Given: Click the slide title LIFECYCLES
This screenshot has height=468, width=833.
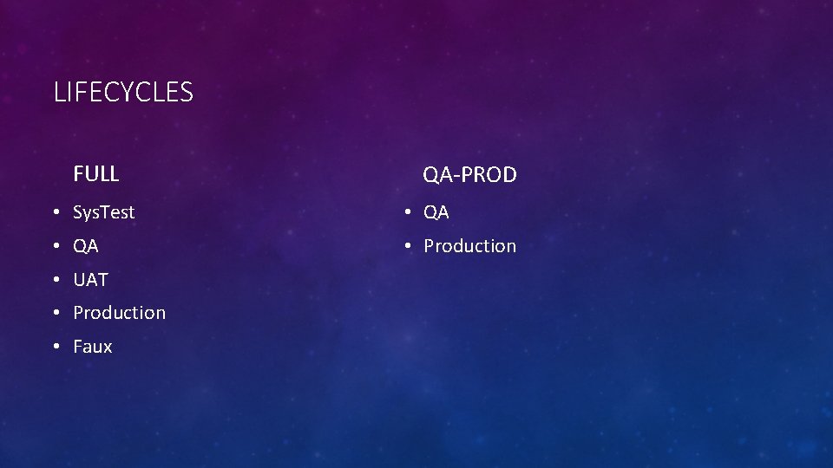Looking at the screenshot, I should tap(123, 92).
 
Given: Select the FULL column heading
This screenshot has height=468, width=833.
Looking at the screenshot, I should tap(96, 174).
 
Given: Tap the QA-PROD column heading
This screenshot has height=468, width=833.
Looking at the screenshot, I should tap(469, 175).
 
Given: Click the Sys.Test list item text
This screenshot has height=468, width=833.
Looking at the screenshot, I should tap(104, 212).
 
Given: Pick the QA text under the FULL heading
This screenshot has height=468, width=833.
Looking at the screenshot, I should tap(86, 246).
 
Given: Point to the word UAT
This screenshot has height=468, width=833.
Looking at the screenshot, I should tap(91, 280).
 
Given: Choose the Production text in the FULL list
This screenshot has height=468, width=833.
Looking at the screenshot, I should tap(119, 313).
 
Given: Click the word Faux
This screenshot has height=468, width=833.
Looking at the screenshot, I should tap(93, 347).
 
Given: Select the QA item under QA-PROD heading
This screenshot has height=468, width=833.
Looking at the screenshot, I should tap(436, 212).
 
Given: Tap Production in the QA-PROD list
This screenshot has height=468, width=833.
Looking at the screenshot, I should tap(469, 246).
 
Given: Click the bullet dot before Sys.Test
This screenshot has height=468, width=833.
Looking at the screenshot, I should tap(56, 213).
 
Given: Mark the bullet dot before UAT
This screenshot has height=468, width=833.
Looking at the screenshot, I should tap(56, 281).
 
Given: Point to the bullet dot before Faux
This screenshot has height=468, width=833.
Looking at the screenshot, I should tap(56, 348).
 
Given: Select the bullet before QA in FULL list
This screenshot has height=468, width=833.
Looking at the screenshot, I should tap(56, 247).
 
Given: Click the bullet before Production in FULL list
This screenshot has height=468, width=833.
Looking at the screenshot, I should tap(56, 314).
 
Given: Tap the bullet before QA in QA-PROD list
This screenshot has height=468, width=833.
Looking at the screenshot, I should tap(406, 213).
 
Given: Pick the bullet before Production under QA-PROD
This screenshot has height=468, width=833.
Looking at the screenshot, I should tap(406, 247).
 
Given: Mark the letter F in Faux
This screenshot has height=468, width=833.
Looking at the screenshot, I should tap(78, 347).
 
